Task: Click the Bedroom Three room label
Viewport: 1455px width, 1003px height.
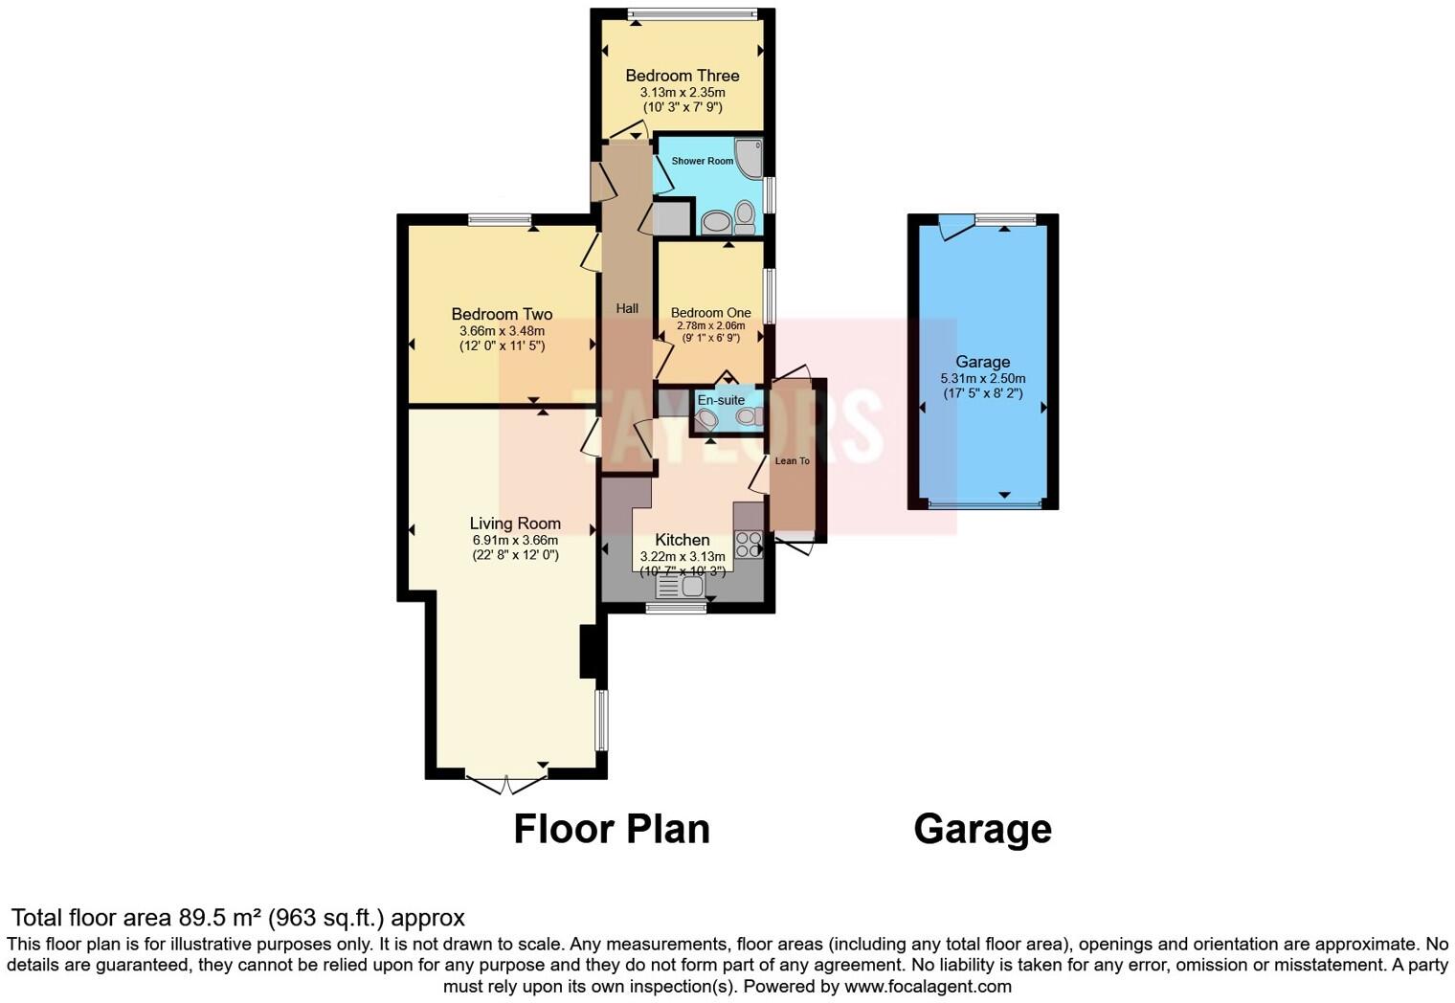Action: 682,76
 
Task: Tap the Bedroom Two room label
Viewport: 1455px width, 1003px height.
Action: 502,314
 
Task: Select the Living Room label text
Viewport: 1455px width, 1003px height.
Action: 515,524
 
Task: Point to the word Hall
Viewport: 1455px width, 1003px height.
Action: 627,308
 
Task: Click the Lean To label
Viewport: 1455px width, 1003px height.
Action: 792,461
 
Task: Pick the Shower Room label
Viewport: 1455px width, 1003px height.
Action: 702,161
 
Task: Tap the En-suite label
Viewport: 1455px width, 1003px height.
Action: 720,400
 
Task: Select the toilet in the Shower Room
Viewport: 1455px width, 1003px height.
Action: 745,217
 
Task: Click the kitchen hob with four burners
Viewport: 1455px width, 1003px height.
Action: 749,544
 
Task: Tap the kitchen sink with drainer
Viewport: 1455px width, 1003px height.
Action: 682,586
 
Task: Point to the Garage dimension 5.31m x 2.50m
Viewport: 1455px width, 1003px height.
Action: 982,378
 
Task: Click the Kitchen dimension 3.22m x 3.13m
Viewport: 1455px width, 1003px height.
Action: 682,556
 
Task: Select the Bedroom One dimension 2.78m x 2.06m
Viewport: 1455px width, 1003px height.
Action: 710,325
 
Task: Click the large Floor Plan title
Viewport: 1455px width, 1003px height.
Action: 612,829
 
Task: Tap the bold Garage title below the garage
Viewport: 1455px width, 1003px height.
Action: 982,829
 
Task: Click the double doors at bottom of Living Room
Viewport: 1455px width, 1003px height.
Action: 505,784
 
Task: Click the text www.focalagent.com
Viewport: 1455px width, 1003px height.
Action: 928,986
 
